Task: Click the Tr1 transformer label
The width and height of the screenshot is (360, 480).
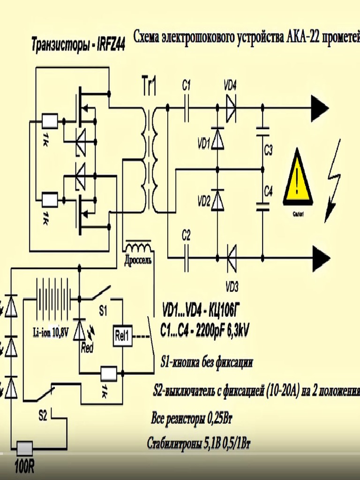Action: [x=149, y=87]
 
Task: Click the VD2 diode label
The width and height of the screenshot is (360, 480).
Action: [x=204, y=202]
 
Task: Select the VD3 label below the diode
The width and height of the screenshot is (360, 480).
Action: [x=232, y=286]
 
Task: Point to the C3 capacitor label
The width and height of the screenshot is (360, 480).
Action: [x=269, y=150]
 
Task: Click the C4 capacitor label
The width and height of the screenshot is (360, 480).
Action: [x=269, y=191]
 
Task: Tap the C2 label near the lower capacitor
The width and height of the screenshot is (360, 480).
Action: [x=186, y=235]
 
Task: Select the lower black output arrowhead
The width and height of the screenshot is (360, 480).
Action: [x=322, y=257]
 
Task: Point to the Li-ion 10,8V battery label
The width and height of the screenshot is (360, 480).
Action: [x=51, y=333]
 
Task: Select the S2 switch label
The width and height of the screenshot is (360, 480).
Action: [x=43, y=415]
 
